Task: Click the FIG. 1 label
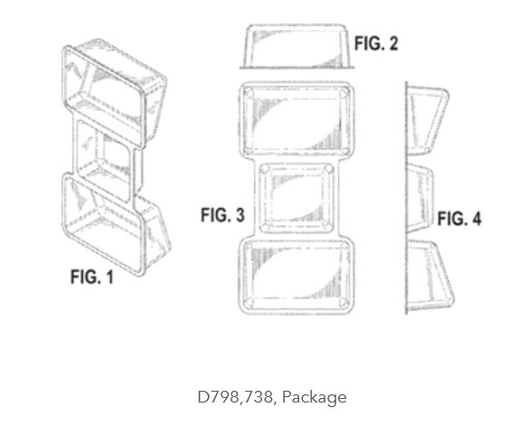tap(92, 277)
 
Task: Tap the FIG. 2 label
tap(376, 43)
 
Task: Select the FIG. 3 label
tap(222, 215)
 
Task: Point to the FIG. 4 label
tap(459, 218)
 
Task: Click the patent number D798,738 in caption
tap(235, 397)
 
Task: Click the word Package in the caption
tap(315, 398)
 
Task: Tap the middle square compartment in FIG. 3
tap(296, 197)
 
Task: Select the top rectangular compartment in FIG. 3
tap(296, 119)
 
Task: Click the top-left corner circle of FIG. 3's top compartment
tap(249, 91)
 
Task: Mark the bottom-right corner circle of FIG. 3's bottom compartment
tap(343, 302)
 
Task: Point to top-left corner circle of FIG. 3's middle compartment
tap(266, 169)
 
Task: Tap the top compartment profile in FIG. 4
tap(426, 120)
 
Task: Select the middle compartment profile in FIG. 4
tap(419, 198)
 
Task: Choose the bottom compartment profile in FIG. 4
tap(429, 275)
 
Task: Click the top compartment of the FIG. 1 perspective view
tap(114, 93)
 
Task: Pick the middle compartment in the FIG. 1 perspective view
tap(105, 161)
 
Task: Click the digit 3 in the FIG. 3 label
tap(240, 215)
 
